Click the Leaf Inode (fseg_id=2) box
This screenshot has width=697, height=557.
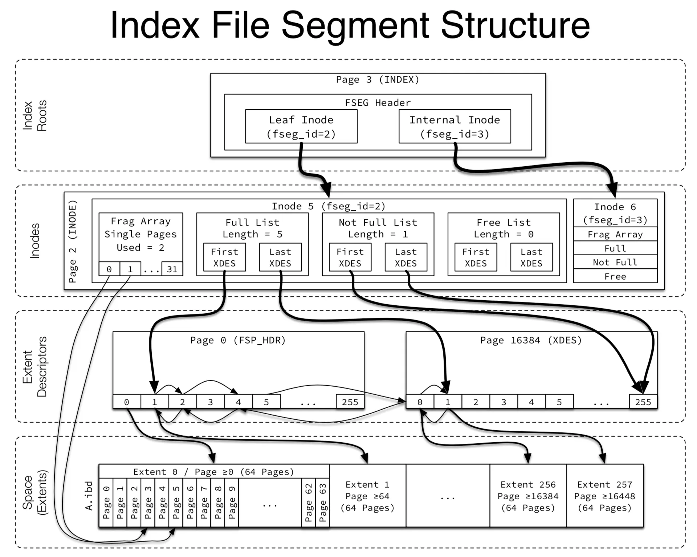(301, 126)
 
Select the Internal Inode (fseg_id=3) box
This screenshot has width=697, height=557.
(455, 126)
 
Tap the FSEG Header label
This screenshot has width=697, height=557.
(378, 103)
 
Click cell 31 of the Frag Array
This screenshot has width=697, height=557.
(172, 269)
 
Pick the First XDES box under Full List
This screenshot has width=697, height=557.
(224, 257)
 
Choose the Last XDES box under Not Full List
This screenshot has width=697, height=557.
(406, 257)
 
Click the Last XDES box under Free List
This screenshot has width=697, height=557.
(531, 257)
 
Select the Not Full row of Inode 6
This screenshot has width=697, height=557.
(615, 262)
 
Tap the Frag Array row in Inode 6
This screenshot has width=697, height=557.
(615, 234)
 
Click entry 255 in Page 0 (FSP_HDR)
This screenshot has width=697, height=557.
(350, 402)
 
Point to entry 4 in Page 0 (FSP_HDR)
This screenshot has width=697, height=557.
(238, 402)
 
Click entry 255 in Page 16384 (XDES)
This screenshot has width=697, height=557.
(643, 402)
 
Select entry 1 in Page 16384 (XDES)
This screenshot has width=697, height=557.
(448, 402)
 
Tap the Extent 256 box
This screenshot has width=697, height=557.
(528, 496)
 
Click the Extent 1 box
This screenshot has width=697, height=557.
(367, 496)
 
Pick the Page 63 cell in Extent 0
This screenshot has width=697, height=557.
(322, 503)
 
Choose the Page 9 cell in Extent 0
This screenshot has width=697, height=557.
(232, 503)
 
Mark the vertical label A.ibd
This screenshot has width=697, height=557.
(89, 496)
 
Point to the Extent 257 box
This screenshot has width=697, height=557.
(605, 496)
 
